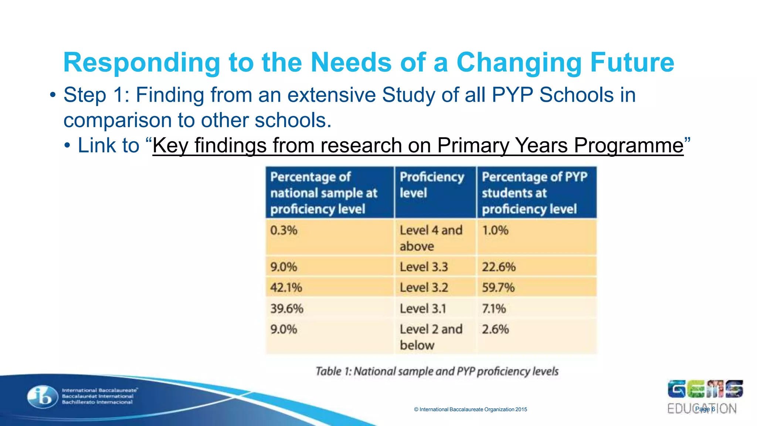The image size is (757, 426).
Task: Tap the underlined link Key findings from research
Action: (418, 145)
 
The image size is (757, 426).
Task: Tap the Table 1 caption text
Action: (437, 371)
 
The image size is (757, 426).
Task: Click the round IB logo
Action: (43, 397)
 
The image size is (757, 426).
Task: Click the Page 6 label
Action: (705, 409)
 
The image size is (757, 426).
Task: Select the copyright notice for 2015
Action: (470, 409)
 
